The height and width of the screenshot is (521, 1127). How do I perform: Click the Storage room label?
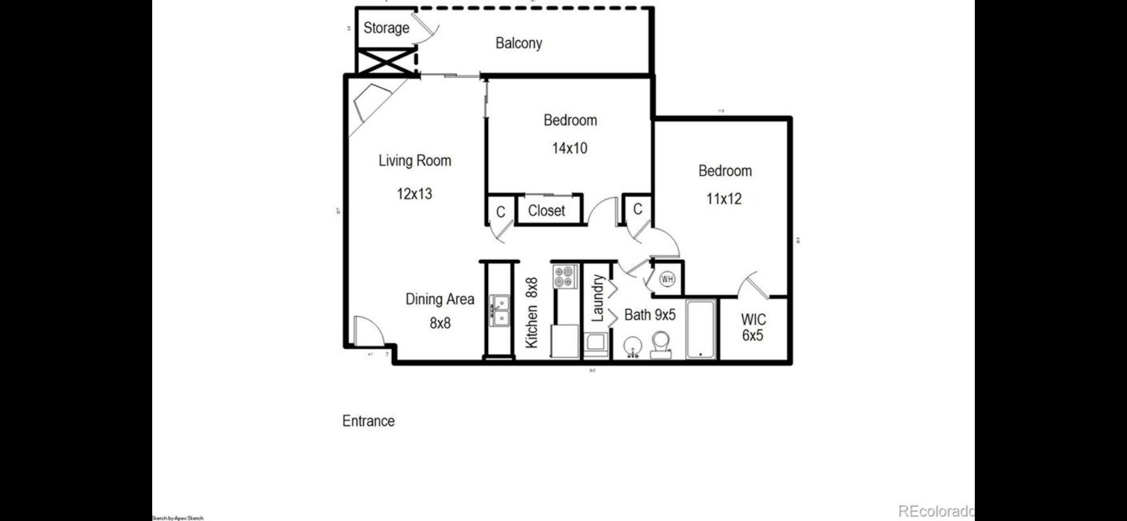pos(386,28)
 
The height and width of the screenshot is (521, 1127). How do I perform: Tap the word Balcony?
pos(518,43)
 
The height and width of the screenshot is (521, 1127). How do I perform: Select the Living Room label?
pos(414,160)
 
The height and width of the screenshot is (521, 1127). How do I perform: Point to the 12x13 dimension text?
pos(414,194)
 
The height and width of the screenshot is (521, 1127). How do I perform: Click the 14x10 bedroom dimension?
pos(569,148)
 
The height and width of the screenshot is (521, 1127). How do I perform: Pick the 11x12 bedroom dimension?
pos(724,199)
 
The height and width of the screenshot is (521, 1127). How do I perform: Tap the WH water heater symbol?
pos(667,279)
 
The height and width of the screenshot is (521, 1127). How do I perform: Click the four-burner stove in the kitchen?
pos(565,276)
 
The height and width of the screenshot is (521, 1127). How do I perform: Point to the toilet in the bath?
pos(660,345)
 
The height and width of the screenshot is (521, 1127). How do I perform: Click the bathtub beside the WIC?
pos(700,329)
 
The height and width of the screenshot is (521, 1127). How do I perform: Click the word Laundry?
pos(597,298)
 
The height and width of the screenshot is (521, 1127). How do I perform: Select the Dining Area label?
pos(440,300)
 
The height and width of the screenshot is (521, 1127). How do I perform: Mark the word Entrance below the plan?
pos(369,421)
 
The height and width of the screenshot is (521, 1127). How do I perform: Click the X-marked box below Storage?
pos(384,62)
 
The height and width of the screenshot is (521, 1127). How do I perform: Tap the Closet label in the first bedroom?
pos(546,211)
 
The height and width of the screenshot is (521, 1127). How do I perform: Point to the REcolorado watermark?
pos(935,510)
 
